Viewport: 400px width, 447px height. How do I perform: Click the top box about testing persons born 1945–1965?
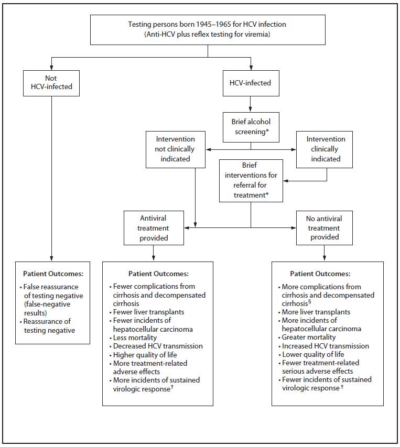[x=208, y=30]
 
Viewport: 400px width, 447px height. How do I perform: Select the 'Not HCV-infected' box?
[x=51, y=83]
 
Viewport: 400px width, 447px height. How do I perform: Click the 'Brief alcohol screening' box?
[x=251, y=127]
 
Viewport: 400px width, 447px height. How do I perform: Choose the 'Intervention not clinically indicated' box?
[x=175, y=149]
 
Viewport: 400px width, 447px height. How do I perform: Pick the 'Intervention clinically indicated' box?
[x=326, y=149]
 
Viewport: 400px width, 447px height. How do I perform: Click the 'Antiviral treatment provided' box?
[x=154, y=228]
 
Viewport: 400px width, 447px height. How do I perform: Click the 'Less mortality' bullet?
[x=135, y=337]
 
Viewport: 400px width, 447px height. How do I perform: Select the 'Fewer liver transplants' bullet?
[x=148, y=312]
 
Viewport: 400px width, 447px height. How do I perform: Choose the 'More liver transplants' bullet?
[x=316, y=312]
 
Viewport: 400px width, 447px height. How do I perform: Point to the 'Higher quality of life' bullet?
[x=145, y=354]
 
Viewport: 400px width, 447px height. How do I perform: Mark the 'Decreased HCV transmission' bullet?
[x=158, y=346]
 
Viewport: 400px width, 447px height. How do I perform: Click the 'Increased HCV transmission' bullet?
[x=325, y=346]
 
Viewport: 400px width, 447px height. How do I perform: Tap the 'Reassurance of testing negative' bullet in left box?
[x=47, y=325]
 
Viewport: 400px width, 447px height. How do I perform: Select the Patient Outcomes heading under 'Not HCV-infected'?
[x=53, y=274]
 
